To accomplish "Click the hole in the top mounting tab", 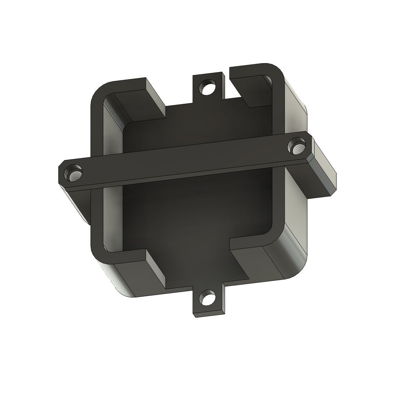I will (208, 87).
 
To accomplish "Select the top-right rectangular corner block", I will (251, 88).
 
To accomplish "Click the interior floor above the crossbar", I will (195, 127).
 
